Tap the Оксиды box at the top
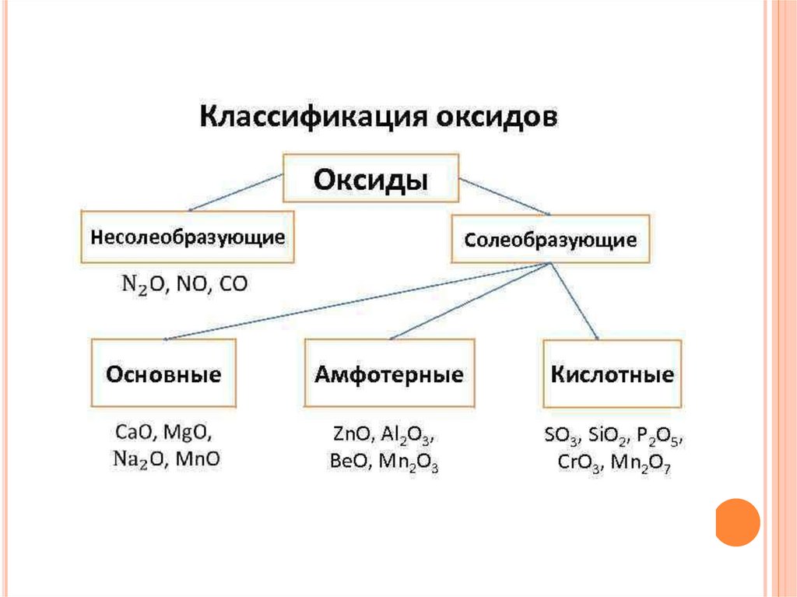pos(370,180)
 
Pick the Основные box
pos(163,374)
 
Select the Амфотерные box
pos(388,374)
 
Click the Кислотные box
pos(612,374)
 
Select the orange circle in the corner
pos(737,522)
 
